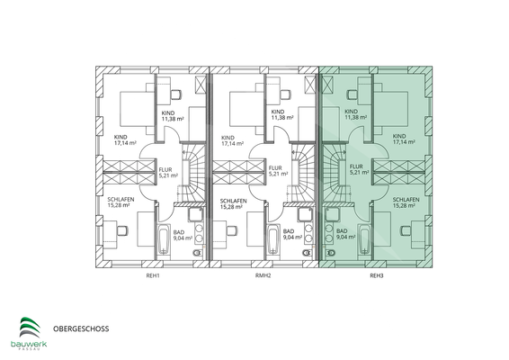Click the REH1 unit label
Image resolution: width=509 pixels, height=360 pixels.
(154, 275)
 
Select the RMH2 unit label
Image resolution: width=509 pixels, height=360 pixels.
(264, 275)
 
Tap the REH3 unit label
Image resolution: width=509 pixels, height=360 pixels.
(375, 275)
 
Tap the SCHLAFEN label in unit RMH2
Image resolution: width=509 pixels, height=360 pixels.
(233, 202)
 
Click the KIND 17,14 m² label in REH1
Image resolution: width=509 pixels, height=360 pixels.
(123, 140)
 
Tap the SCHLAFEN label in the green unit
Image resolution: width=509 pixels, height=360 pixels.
(406, 202)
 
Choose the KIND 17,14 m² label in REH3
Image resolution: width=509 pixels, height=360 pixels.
(405, 140)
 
